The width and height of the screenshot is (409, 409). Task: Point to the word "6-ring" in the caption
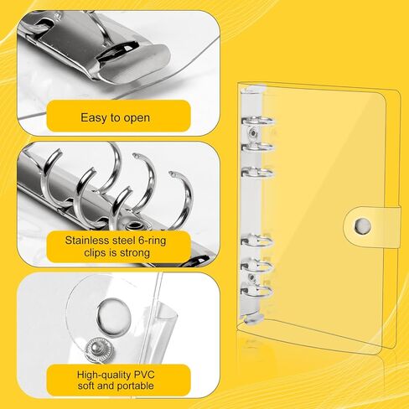(153, 241)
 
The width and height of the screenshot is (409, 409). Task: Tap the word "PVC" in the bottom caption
(144, 375)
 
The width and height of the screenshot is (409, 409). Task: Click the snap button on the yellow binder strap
(363, 226)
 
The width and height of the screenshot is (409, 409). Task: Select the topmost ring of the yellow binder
(257, 122)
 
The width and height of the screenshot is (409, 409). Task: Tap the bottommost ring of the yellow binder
(256, 291)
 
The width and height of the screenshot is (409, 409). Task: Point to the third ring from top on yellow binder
(257, 173)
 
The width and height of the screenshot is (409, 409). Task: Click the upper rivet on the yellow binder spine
(253, 132)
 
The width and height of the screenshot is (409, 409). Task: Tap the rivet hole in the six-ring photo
(136, 225)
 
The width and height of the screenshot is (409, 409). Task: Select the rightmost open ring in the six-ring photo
(183, 199)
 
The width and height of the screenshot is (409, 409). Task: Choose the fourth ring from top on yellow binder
(256, 241)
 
